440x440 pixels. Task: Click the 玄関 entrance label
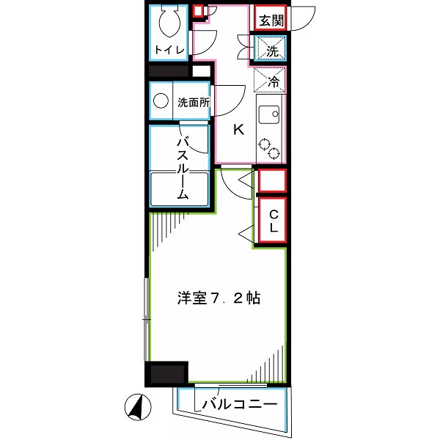(270, 21)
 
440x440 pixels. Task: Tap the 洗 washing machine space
(271, 51)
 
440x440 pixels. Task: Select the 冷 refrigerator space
(271, 82)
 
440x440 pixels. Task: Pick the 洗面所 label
(194, 103)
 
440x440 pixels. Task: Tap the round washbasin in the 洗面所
(161, 103)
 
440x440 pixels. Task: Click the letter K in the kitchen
(238, 131)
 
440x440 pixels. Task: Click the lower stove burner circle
(274, 154)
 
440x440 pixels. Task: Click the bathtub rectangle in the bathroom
(180, 189)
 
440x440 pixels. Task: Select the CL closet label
(272, 221)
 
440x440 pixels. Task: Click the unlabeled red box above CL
(272, 180)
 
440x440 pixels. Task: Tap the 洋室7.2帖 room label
(218, 299)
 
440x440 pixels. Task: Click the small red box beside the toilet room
(198, 11)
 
